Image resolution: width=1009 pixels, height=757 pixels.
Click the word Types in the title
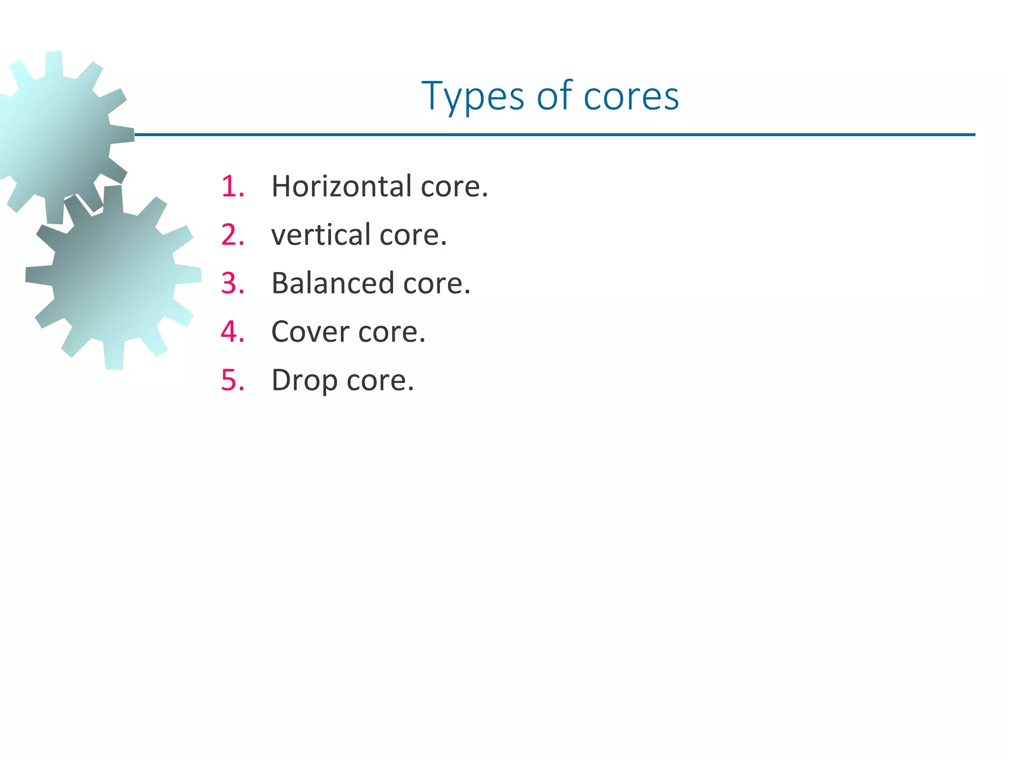(x=472, y=97)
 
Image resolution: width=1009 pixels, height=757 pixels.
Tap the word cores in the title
(x=631, y=96)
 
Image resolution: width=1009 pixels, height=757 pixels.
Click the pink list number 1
(x=232, y=187)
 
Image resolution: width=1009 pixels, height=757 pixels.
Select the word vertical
(x=321, y=235)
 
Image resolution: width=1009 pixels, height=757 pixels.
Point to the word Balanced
(x=333, y=283)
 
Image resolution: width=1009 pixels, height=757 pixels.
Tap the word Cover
(x=310, y=332)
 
